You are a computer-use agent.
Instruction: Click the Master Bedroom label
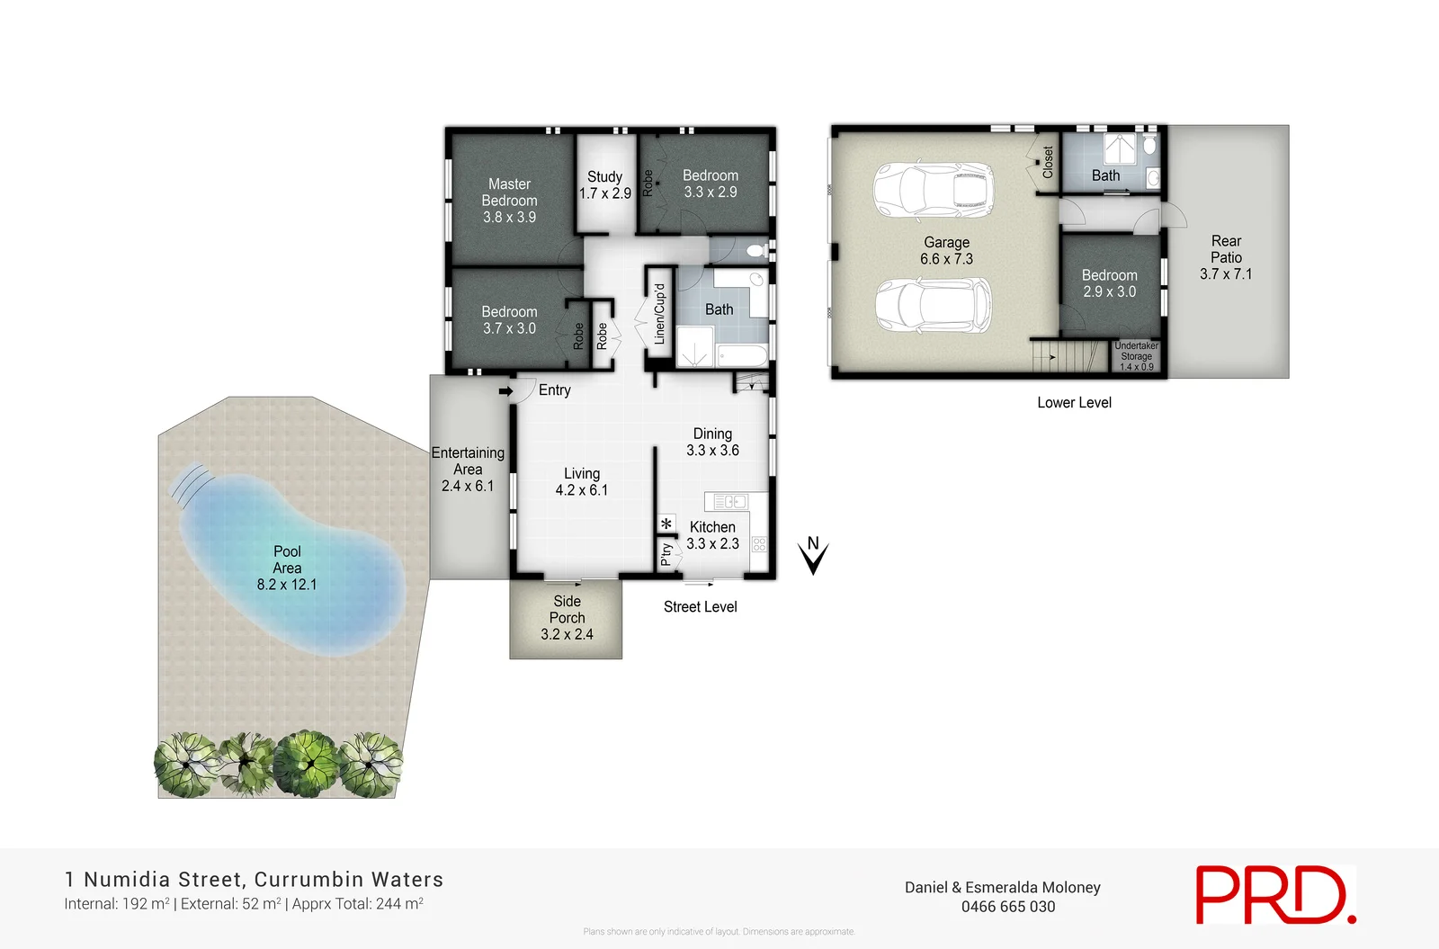point(509,192)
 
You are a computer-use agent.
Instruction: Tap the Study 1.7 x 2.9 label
point(604,185)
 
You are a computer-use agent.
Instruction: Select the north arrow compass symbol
point(813,555)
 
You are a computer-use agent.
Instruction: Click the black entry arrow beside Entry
point(505,391)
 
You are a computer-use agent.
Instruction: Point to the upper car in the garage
point(934,191)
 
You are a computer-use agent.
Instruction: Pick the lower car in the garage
point(934,304)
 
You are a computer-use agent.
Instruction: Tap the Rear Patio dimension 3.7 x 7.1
point(1225,274)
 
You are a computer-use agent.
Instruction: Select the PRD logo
point(1274,894)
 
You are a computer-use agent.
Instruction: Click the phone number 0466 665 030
point(1007,907)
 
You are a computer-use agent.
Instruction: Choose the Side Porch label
point(567,609)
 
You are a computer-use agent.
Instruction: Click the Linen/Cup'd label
point(659,314)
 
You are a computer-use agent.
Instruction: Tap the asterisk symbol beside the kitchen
point(666,524)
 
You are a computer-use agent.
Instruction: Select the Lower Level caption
point(1074,403)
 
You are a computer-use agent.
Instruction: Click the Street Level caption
point(700,607)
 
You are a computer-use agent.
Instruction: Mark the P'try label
point(666,553)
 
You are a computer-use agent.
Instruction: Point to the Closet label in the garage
point(1048,162)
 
